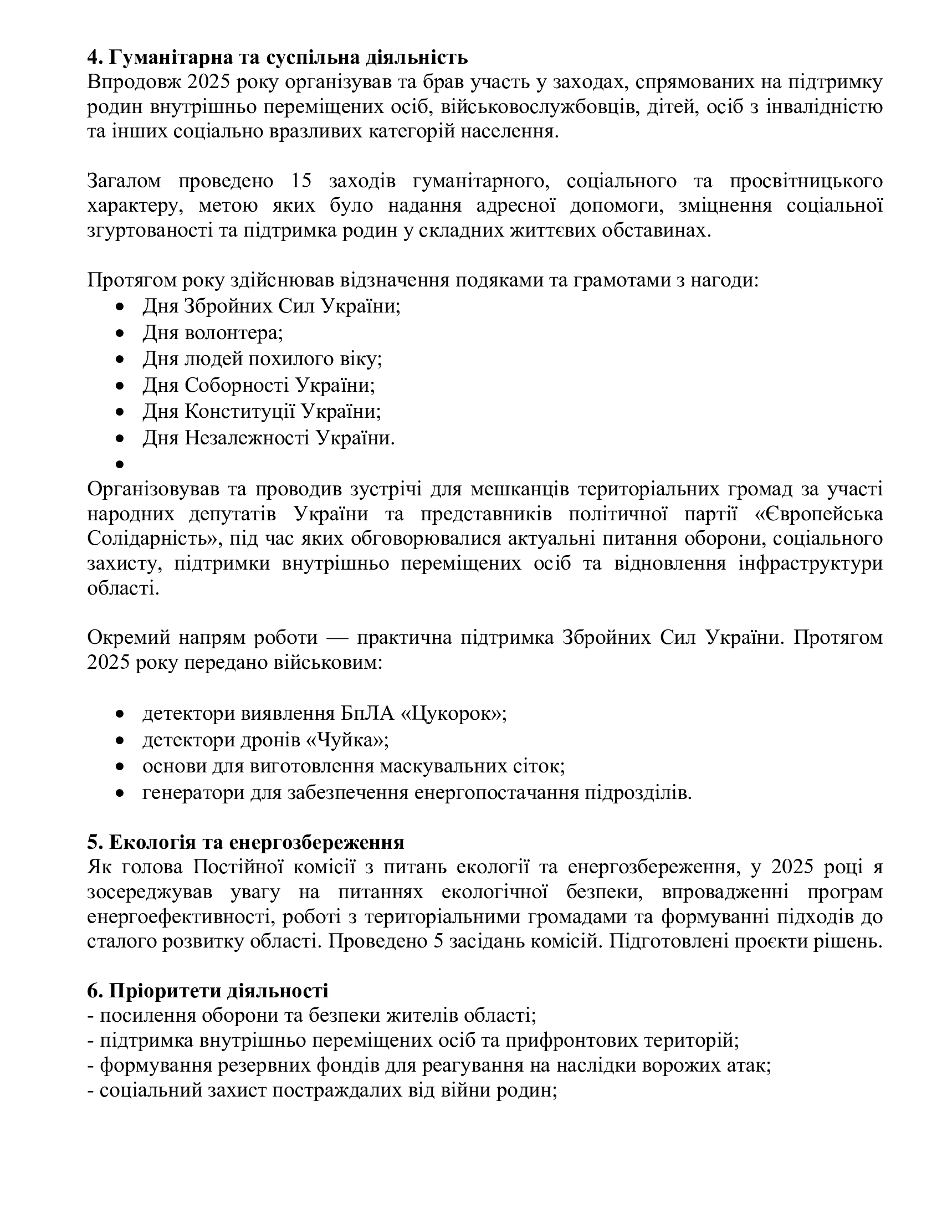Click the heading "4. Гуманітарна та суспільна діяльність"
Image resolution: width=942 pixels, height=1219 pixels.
[x=277, y=58]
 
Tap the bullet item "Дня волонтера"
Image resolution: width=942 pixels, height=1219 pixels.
[x=213, y=332]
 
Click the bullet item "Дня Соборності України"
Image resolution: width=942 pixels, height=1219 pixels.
[x=258, y=385]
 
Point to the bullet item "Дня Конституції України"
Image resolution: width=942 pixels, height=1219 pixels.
[x=262, y=411]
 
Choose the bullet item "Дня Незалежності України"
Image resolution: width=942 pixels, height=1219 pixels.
[x=268, y=438]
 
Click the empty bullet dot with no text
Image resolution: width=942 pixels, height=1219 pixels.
[x=119, y=464]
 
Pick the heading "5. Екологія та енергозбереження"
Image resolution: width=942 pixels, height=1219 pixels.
[x=245, y=842]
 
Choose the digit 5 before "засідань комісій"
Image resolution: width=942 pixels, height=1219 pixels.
[x=439, y=941]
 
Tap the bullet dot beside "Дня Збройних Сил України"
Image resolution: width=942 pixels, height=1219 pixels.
[x=119, y=306]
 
